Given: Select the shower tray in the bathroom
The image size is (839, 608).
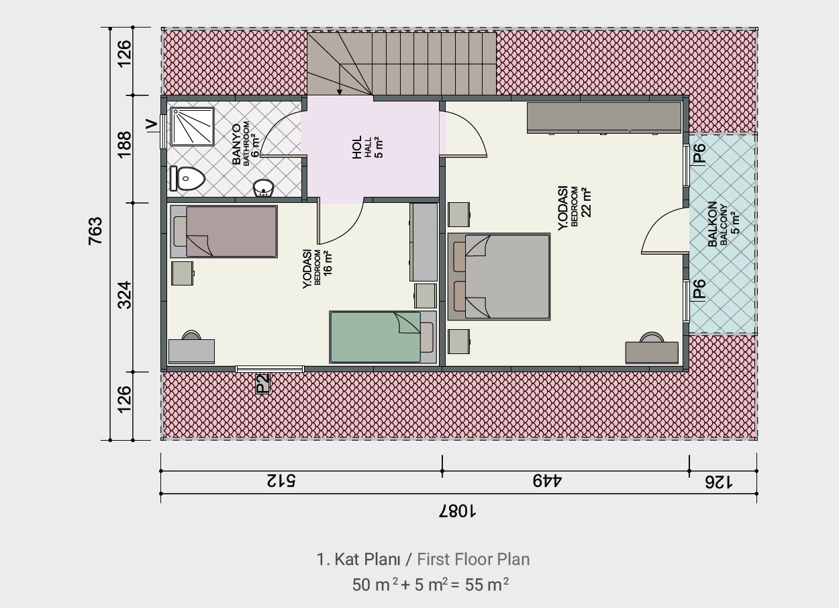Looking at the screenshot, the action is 192,127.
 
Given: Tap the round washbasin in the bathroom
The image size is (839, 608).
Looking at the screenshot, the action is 263,187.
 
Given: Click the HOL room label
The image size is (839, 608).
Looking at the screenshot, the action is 357,147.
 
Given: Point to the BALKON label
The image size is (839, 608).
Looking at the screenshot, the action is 712,224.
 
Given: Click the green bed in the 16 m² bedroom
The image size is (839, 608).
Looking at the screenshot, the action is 383,337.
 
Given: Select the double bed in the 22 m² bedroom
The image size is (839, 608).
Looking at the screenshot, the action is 499,277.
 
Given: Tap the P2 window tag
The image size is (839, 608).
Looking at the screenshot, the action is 262,384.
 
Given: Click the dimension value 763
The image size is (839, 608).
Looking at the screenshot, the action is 95,231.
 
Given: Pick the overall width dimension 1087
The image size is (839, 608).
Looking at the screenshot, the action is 457,511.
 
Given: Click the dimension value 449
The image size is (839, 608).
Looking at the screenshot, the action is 548,481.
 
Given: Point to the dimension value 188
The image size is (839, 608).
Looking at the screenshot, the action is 125,144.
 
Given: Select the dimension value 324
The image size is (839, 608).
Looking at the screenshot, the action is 125,295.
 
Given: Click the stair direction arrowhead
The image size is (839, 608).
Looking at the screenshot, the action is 340,92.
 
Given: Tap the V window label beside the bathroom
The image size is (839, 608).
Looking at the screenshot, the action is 151,125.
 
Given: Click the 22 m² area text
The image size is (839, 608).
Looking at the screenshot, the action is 587,203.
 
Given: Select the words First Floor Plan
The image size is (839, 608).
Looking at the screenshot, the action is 473,559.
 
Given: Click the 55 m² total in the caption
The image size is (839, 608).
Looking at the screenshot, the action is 487,584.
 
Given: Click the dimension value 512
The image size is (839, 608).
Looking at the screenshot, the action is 281,481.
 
